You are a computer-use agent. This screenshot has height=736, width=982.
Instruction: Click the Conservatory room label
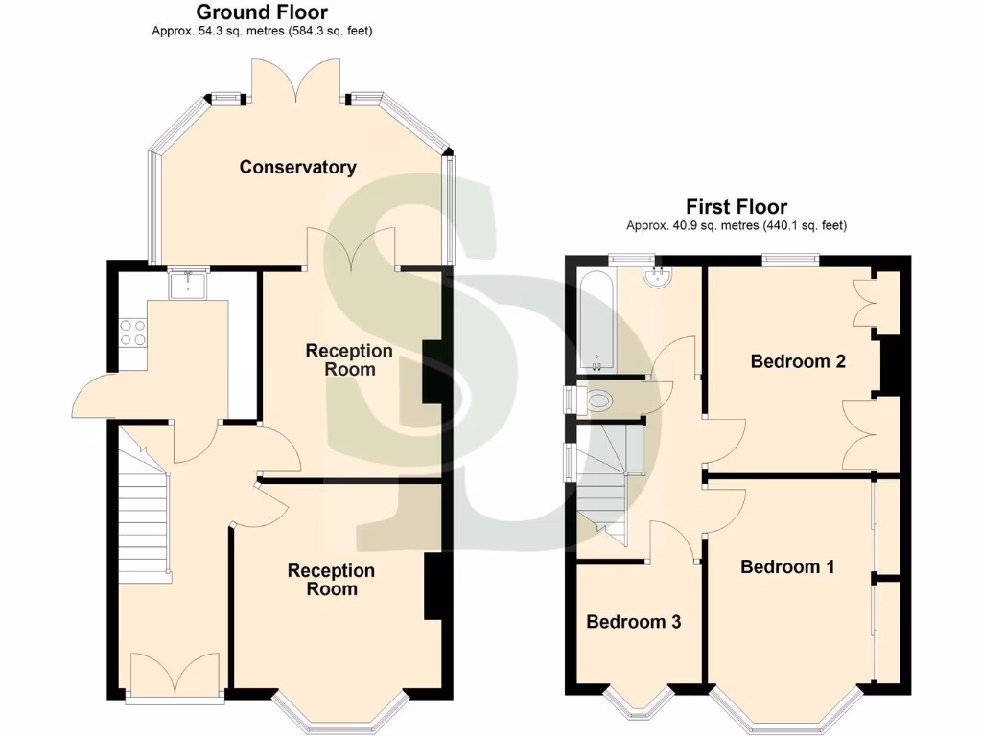pos(297,167)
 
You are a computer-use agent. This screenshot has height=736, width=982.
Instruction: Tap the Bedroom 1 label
pos(787,566)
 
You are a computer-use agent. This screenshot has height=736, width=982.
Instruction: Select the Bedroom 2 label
pos(797,361)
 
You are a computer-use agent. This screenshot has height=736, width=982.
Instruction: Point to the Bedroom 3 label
pos(633,622)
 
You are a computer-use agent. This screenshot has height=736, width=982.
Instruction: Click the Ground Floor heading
pos(262,12)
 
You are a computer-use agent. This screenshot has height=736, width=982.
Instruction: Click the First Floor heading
pos(736,207)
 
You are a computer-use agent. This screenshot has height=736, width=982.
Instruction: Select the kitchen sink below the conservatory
pos(187,285)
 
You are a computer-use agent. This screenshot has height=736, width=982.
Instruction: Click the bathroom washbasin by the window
pos(659,275)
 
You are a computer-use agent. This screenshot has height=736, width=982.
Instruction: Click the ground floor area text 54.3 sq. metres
pos(262,31)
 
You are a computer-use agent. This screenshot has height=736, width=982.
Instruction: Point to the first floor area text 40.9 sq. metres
pos(736,226)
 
